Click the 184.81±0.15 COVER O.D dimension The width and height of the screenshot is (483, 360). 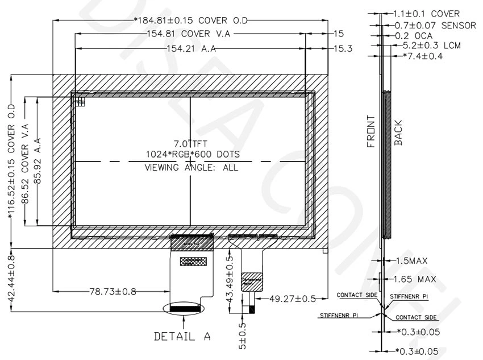191,21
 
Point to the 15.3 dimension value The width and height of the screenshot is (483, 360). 343,49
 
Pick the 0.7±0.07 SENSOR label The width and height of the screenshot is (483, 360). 435,26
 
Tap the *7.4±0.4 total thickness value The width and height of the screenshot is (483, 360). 422,56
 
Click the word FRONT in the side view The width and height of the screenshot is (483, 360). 370,131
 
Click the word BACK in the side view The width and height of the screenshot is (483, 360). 398,133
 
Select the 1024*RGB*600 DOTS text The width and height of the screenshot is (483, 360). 192,155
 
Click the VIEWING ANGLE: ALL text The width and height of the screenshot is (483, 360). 191,167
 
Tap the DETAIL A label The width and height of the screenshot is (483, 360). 182,337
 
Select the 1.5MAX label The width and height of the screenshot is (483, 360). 411,260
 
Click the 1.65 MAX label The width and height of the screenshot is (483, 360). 415,279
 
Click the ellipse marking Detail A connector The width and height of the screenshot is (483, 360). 182,308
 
